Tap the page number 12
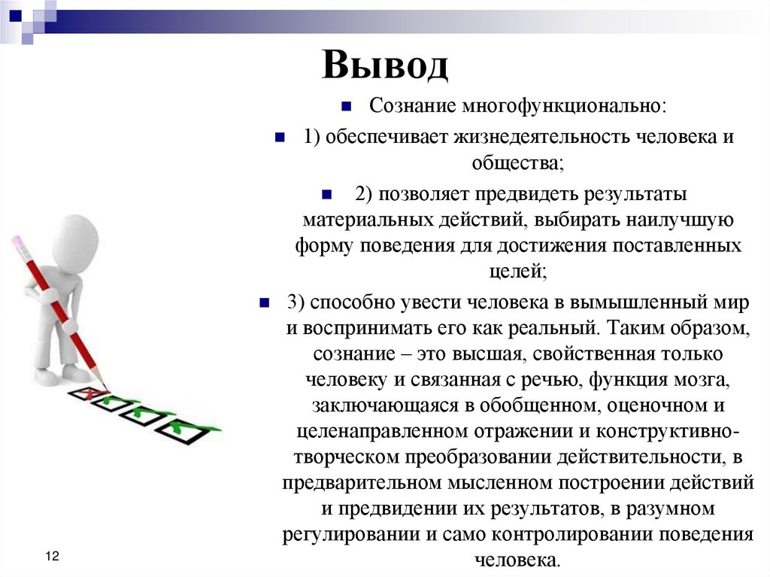tap(52, 556)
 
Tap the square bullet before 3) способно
tap(264, 303)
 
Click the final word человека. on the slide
tap(517, 560)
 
